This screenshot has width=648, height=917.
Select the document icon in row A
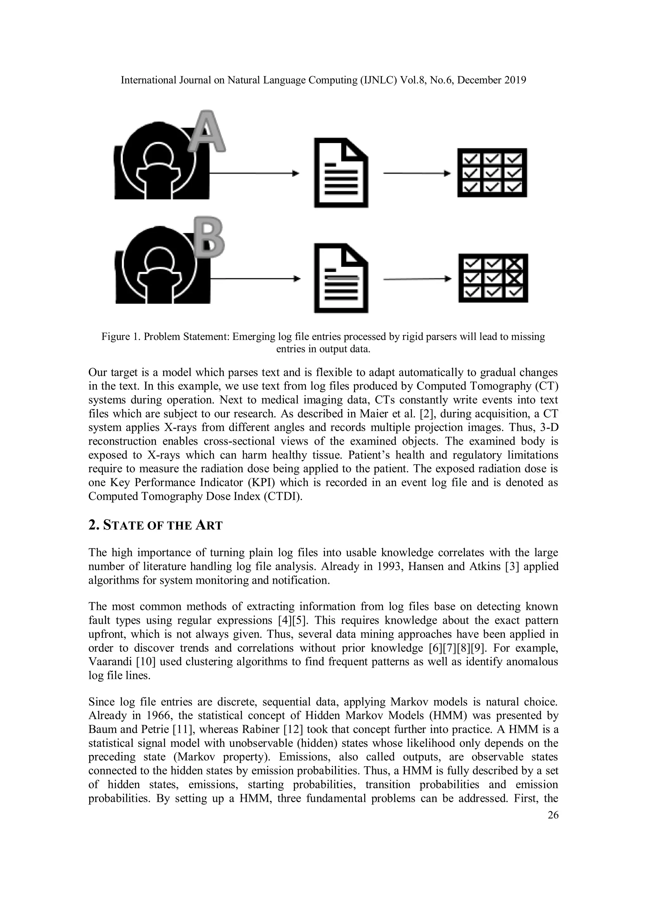coord(341,173)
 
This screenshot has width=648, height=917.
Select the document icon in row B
coord(341,278)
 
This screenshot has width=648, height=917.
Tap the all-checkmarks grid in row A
coord(492,173)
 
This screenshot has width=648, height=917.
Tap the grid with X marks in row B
coord(493,278)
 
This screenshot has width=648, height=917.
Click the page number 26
coord(552,815)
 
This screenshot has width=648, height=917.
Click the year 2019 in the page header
coord(515,80)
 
